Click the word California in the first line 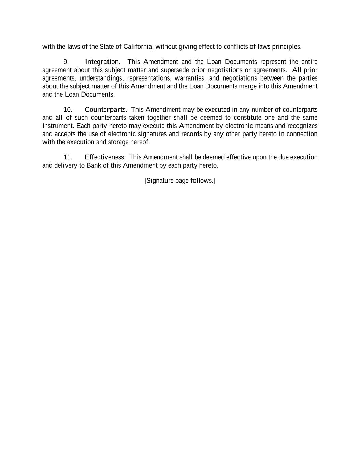click(x=138, y=47)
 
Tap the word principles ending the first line click(x=286, y=47)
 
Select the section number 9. click(x=66, y=62)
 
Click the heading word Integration click(x=102, y=62)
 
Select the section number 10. click(x=68, y=110)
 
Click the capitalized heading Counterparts click(x=105, y=110)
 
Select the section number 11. click(x=68, y=157)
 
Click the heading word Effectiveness click(x=105, y=157)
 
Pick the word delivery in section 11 click(x=66, y=166)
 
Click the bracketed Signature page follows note click(x=180, y=181)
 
